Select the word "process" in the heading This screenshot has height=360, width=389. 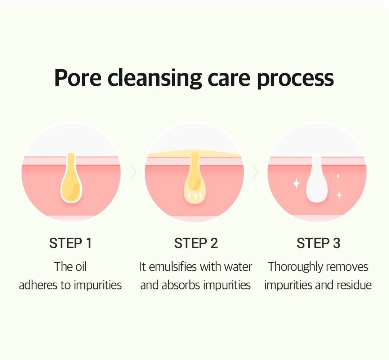295,79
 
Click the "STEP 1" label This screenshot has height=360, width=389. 71,243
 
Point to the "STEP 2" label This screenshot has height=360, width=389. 196,243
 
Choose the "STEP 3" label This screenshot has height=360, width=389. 318,243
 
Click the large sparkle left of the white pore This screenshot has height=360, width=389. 296,184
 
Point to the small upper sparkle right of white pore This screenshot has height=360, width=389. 337,176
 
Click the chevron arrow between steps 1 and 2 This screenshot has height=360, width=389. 134,172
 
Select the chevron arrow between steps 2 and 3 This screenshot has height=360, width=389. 256,172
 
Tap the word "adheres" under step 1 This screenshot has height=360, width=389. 38,285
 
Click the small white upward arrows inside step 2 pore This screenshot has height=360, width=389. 194,196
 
